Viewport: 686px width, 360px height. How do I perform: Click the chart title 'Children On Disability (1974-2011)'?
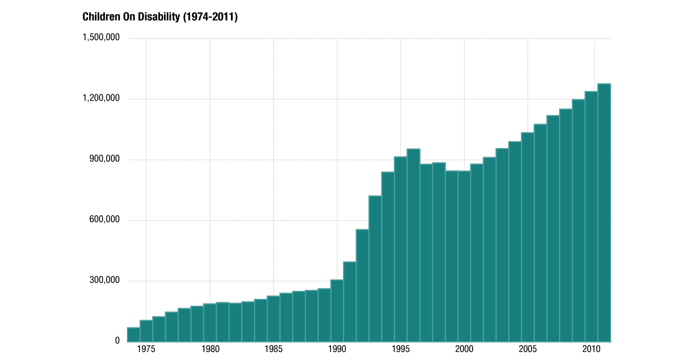pyautogui.click(x=160, y=17)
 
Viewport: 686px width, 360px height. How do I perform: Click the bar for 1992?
pyautogui.click(x=362, y=285)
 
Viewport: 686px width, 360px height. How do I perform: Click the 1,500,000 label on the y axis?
pyautogui.click(x=101, y=38)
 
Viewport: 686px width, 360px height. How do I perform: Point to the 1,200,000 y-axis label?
pyautogui.click(x=101, y=98)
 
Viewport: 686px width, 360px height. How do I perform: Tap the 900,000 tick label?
pyautogui.click(x=105, y=159)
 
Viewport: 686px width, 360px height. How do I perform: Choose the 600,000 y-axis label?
pyautogui.click(x=105, y=220)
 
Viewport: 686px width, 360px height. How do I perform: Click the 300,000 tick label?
pyautogui.click(x=105, y=281)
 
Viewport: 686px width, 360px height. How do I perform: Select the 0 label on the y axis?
pyautogui.click(x=117, y=341)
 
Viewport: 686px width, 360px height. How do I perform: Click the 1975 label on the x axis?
pyautogui.click(x=146, y=350)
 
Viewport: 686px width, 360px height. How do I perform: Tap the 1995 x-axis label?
pyautogui.click(x=401, y=350)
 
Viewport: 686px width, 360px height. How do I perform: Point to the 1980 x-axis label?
pyautogui.click(x=210, y=350)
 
